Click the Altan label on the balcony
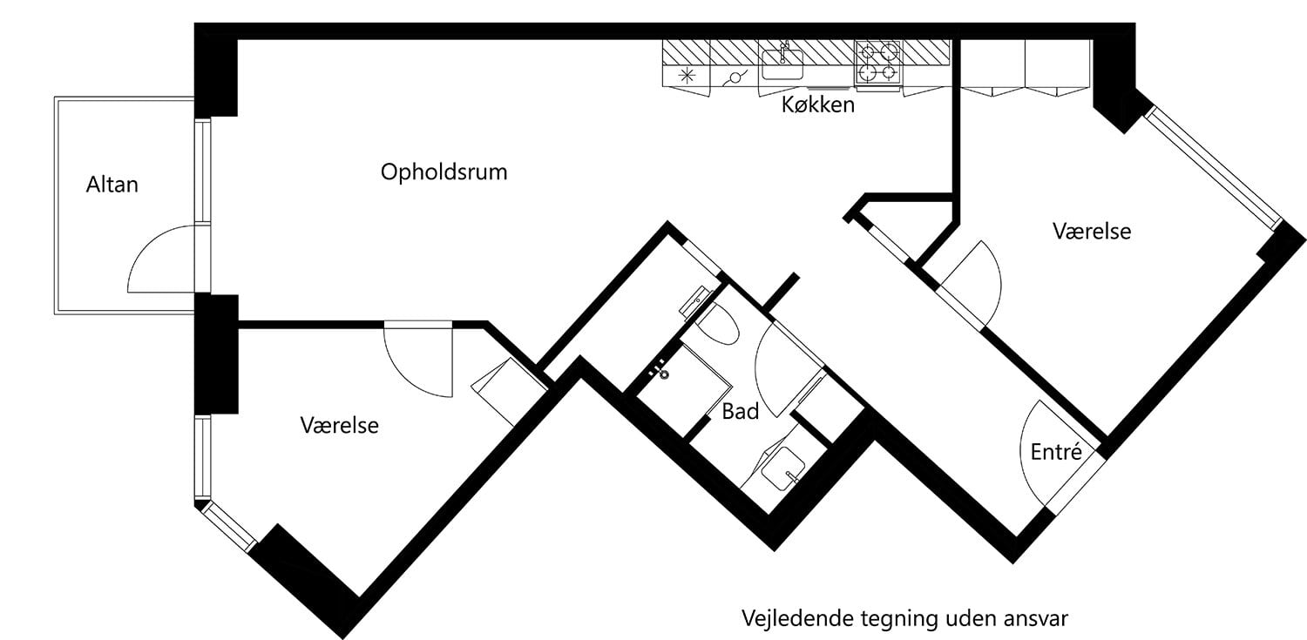tap(112, 185)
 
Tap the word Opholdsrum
tap(444, 172)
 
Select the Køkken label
tap(817, 106)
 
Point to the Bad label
tap(740, 411)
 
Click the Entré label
tap(1055, 453)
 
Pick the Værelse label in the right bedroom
tap(1091, 232)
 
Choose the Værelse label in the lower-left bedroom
tap(339, 425)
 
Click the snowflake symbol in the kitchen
tap(687, 75)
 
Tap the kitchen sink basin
tap(782, 62)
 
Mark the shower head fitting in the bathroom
tap(663, 372)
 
